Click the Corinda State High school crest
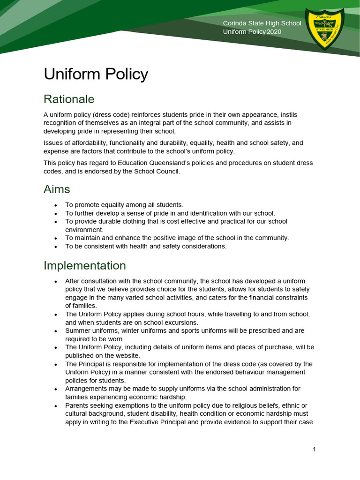tap(325, 30)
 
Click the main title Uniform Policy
tap(96, 74)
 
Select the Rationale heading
tap(69, 99)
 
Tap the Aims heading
tap(57, 189)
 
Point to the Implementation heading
tap(85, 265)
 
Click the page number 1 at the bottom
tap(314, 450)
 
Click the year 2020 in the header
tap(274, 32)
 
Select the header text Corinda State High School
tap(262, 23)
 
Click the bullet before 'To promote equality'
tap(55, 205)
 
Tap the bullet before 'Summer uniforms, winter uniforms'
tap(55, 331)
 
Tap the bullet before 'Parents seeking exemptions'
tap(55, 405)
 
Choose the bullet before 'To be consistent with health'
tap(55, 247)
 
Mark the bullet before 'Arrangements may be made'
tap(55, 389)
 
